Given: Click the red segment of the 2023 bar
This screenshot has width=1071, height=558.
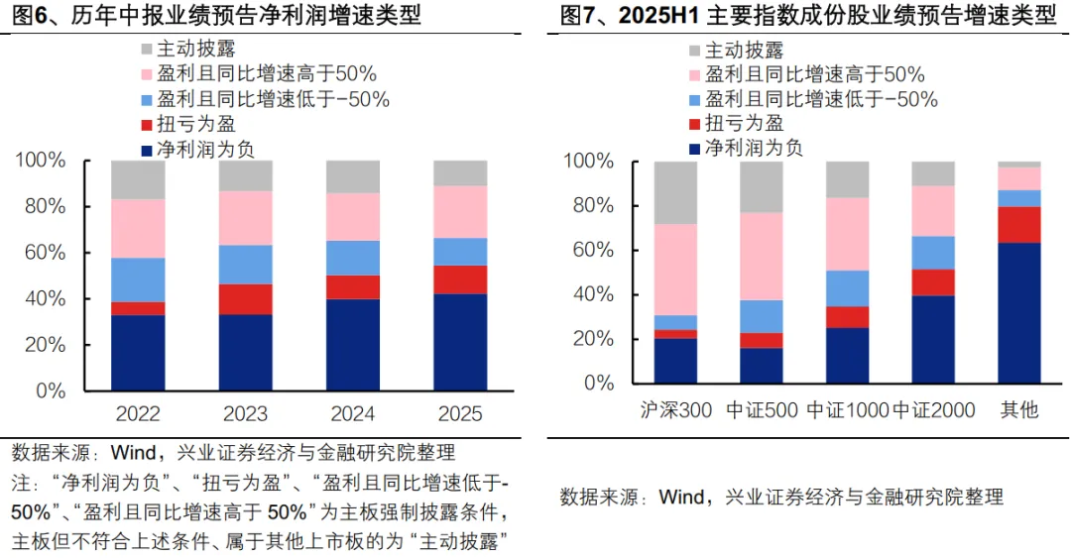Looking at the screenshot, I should (245, 298).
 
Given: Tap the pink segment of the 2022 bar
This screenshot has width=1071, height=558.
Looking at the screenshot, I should (138, 228).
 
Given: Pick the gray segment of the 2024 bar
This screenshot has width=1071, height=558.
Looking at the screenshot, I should (353, 176).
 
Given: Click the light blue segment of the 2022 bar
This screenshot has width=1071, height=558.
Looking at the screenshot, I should (138, 279).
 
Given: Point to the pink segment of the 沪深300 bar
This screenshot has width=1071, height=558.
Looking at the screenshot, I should (675, 270).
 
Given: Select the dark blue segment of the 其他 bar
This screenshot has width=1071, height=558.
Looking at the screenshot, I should (1018, 312).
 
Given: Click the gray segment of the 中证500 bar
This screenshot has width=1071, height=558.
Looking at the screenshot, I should (762, 186).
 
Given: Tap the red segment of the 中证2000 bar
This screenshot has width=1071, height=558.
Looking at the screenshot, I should (933, 282).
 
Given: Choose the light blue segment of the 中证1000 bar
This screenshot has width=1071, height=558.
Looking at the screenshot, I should (848, 288).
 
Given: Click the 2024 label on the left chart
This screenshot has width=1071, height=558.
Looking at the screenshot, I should (353, 413).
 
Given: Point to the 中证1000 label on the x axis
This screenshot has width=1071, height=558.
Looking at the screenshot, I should (848, 409).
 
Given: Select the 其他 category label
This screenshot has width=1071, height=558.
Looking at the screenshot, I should (1018, 409).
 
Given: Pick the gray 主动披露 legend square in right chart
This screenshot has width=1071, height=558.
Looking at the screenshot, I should (693, 51).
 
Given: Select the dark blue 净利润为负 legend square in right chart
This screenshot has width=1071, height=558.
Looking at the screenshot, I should (693, 149).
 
